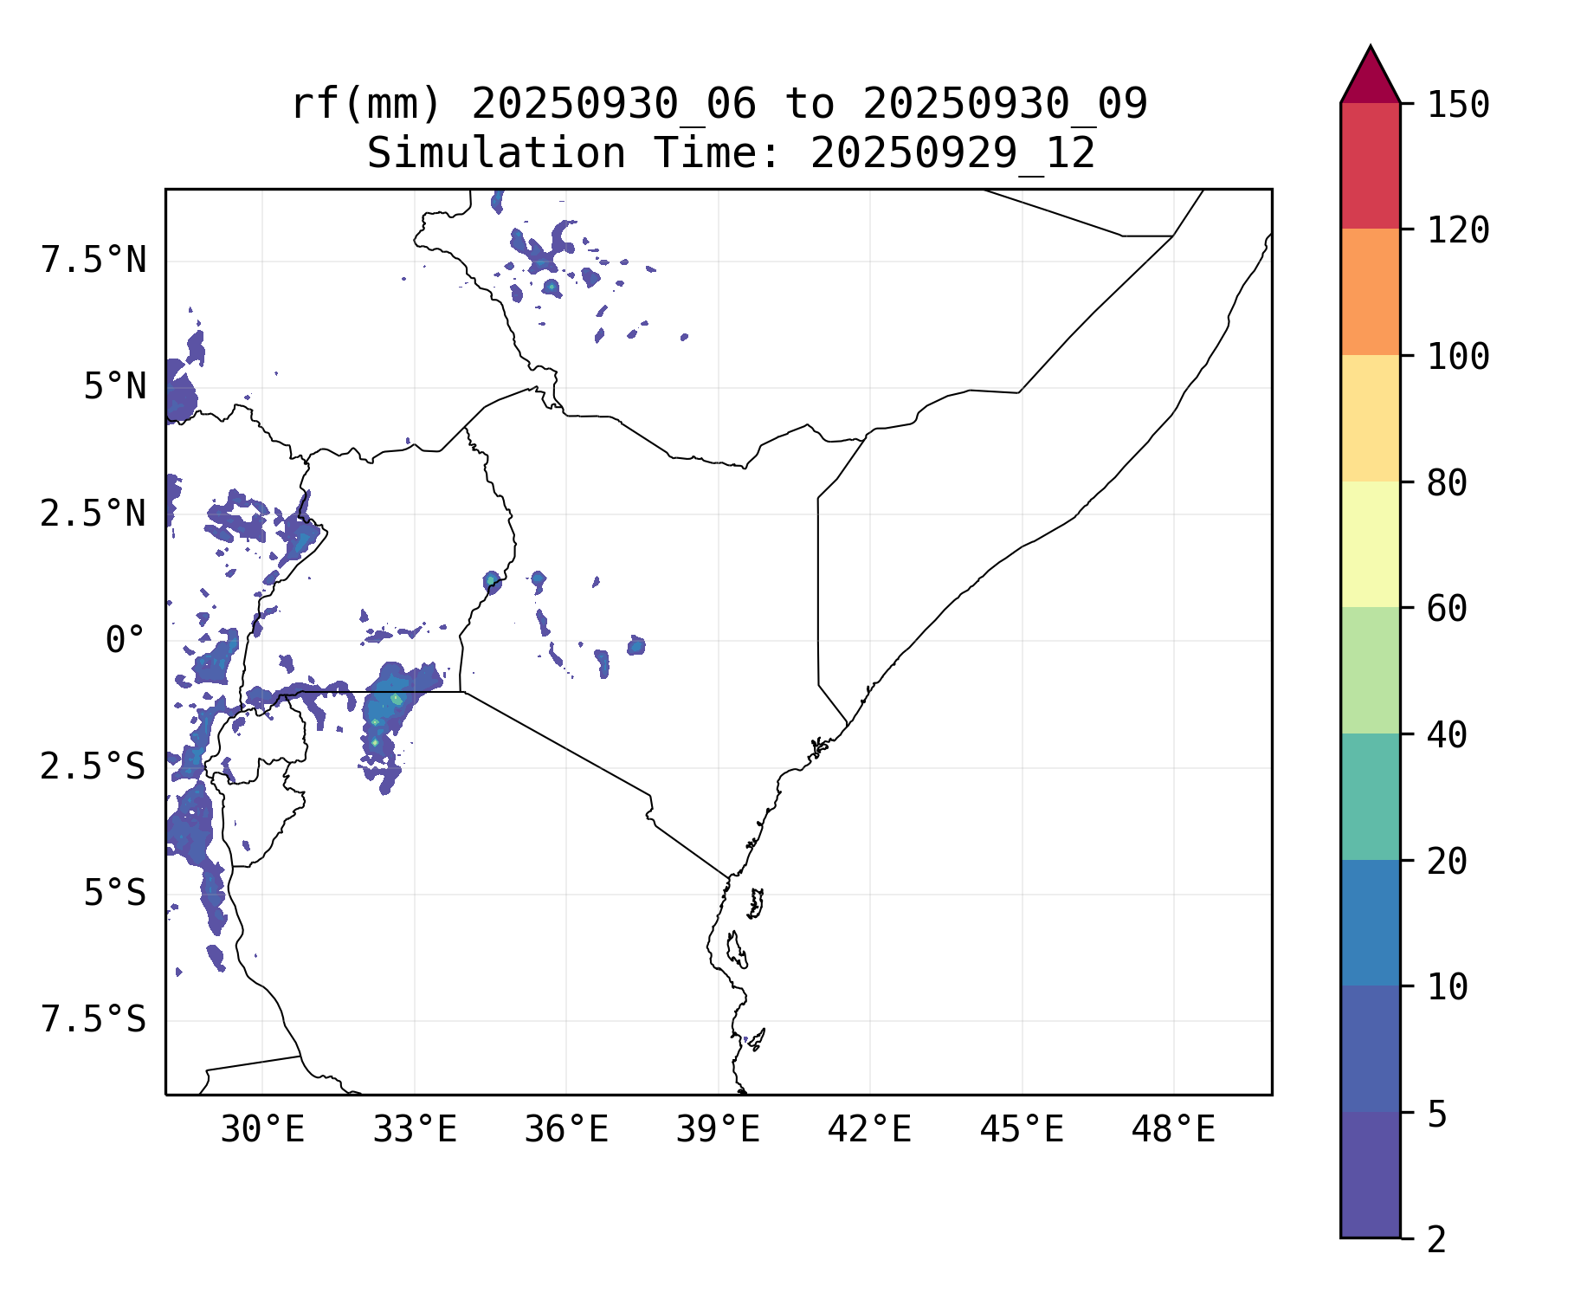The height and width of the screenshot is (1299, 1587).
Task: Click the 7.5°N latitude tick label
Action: point(94,260)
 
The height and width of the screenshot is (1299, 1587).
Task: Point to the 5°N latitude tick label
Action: point(114,386)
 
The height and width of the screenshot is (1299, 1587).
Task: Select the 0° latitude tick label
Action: point(125,641)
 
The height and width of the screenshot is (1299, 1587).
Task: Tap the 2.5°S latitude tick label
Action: point(94,767)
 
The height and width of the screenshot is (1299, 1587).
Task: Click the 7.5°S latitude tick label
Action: point(94,1020)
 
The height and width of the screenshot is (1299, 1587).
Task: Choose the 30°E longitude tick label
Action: point(262,1130)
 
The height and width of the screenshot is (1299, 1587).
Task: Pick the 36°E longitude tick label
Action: point(566,1130)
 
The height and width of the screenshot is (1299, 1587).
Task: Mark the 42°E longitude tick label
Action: point(869,1130)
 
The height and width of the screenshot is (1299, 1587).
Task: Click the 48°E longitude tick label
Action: point(1173,1130)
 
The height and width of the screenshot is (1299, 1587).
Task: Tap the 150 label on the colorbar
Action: point(1458,105)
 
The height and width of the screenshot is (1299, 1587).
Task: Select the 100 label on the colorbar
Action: point(1458,356)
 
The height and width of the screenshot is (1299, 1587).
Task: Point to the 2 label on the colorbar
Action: point(1436,1239)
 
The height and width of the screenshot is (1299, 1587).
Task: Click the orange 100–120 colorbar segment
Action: point(1370,292)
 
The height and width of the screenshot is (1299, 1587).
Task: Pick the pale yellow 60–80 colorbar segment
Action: point(1370,544)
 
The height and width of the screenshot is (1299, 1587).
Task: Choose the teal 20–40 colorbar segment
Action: point(1370,797)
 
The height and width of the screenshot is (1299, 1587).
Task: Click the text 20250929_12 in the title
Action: point(952,154)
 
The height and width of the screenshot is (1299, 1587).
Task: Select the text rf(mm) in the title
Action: point(365,105)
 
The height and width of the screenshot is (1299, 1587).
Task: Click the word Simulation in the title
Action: point(496,154)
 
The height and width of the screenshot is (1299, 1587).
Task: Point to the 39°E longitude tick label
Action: point(718,1130)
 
